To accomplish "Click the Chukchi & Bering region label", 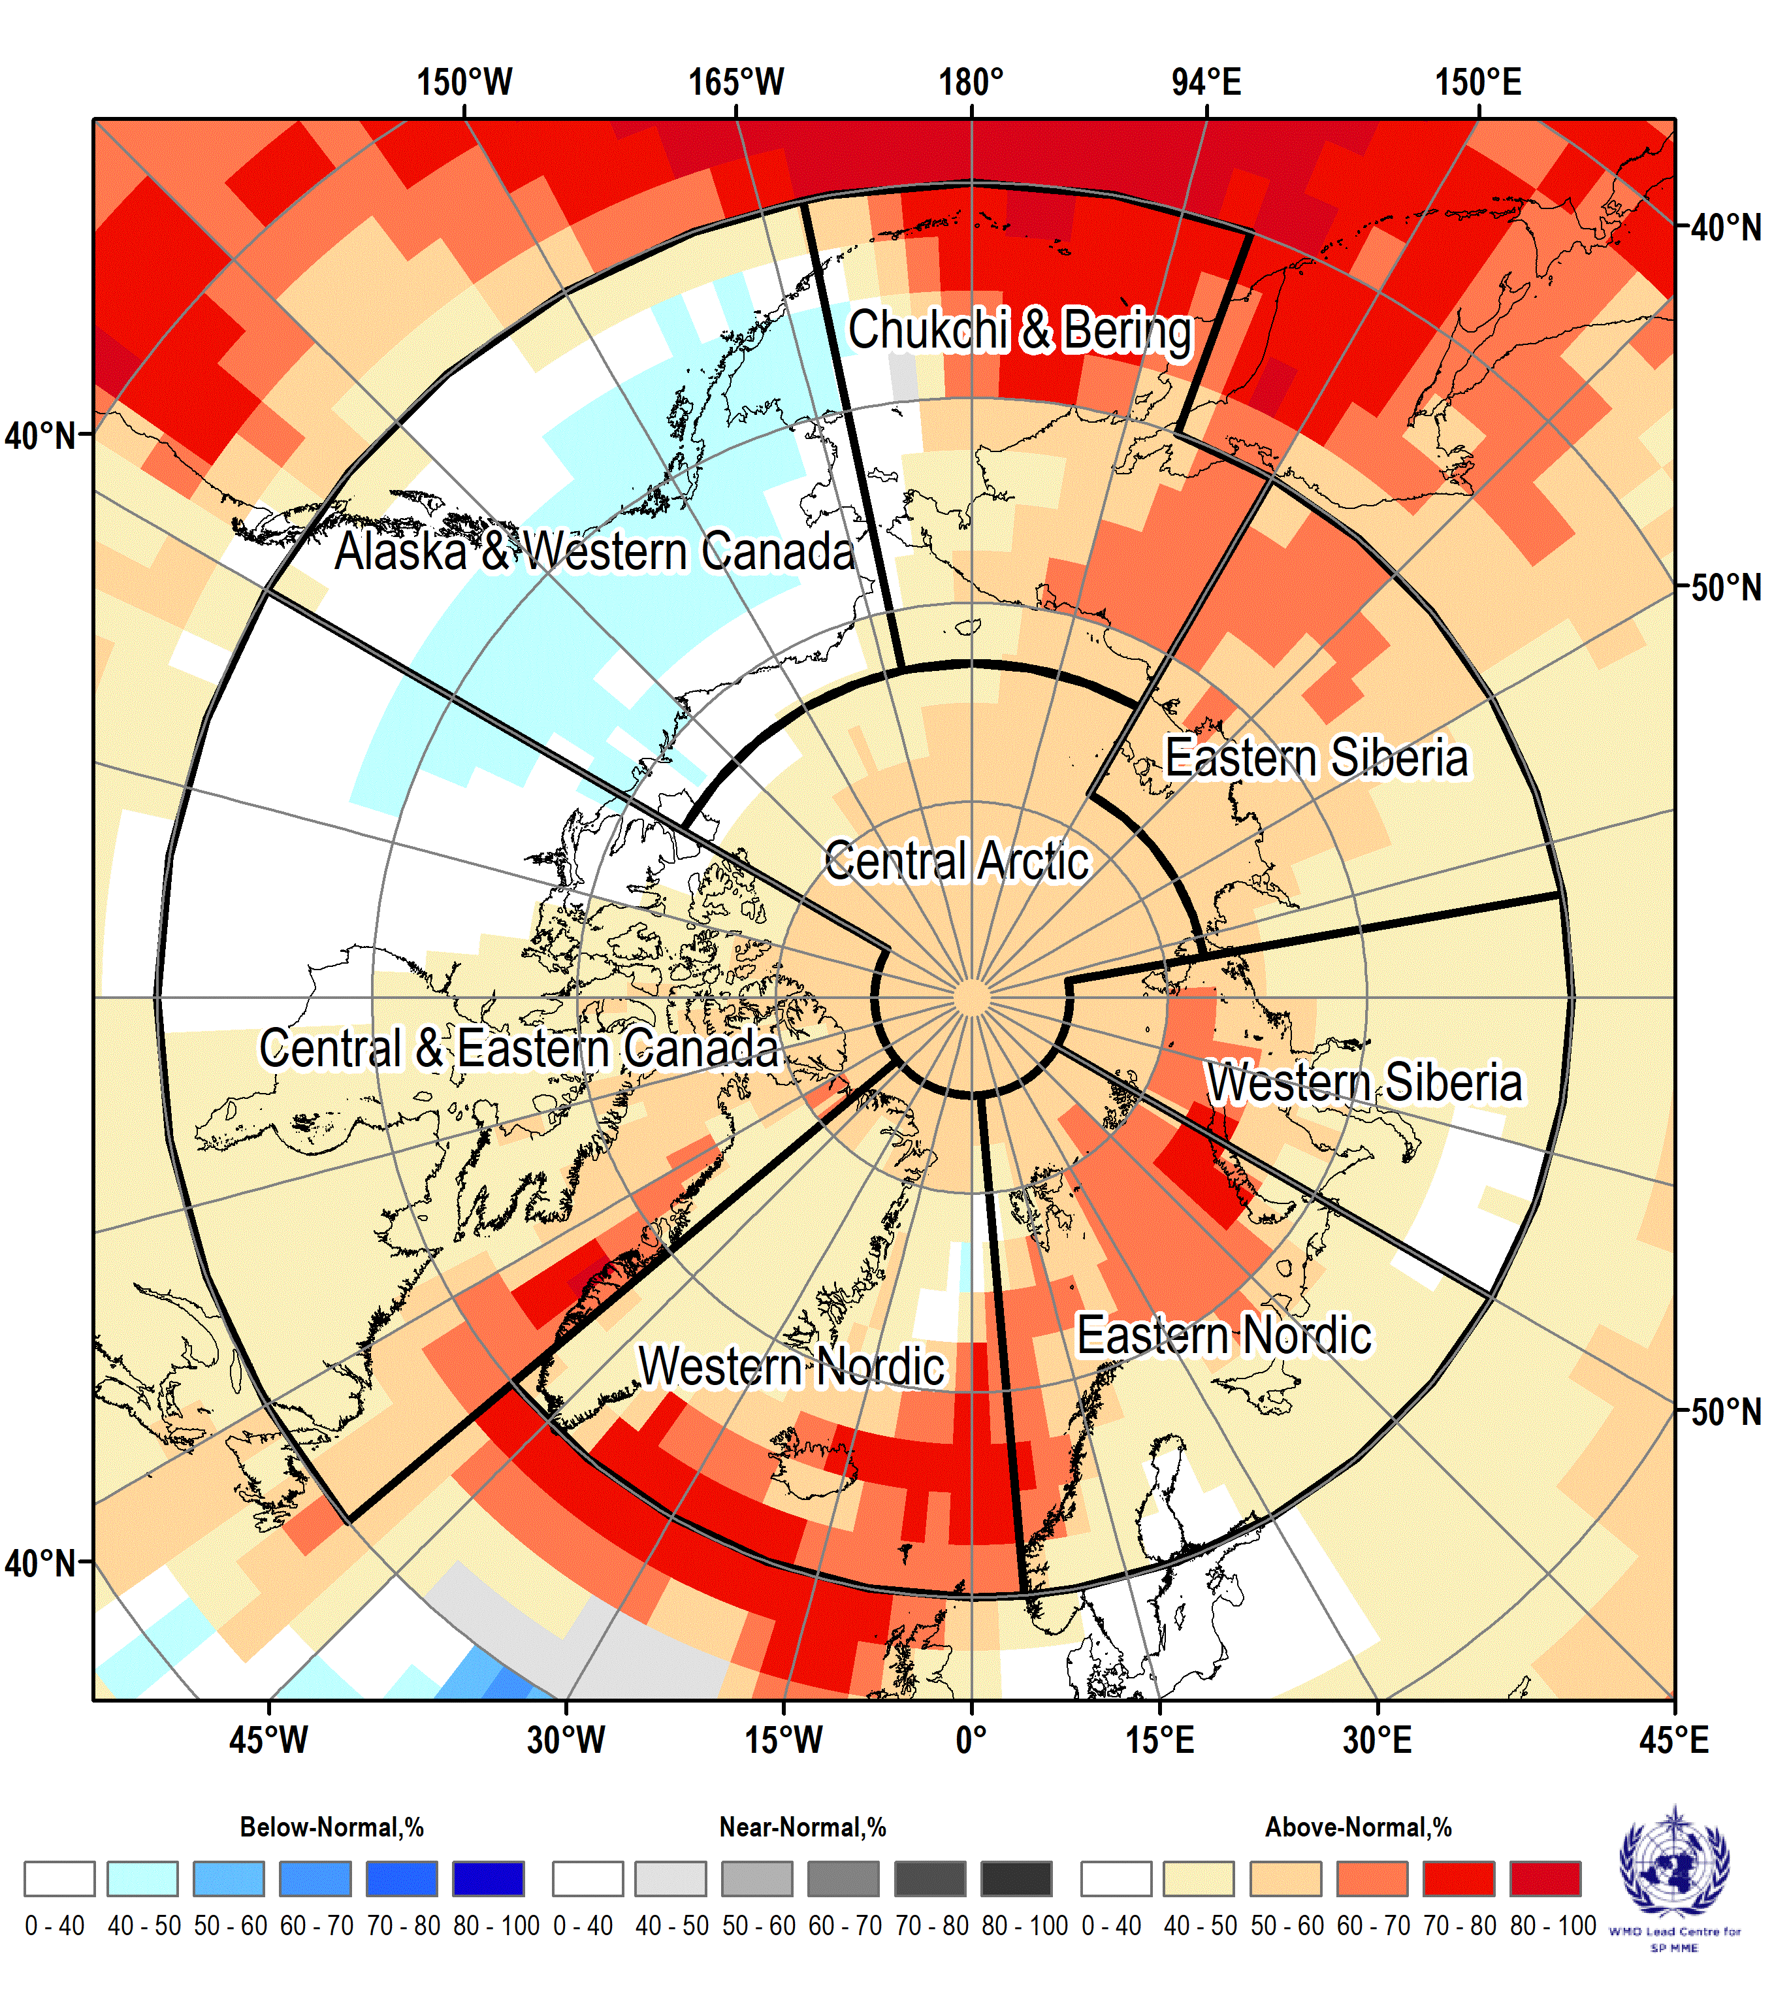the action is (1020, 330).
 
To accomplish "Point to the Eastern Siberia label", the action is (1317, 757).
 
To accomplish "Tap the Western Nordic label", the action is (791, 1366).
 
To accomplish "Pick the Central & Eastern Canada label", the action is (519, 1048).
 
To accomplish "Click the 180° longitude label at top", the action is (971, 82).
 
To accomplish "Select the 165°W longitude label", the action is (736, 82).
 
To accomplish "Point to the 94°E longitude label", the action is (1206, 82).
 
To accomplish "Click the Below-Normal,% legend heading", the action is (332, 1827).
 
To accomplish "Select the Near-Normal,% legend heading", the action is (803, 1827).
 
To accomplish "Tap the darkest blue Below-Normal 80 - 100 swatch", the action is (488, 1878).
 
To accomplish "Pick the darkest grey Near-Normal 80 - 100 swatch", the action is (1016, 1878).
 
